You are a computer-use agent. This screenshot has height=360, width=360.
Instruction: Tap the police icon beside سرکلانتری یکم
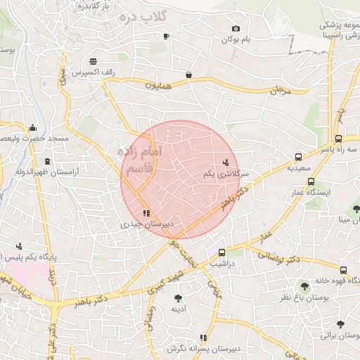pyautogui.click(x=225, y=162)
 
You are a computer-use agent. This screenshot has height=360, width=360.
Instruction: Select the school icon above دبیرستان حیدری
pyautogui.click(x=146, y=212)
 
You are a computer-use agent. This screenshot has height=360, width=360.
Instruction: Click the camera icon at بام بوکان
pyautogui.click(x=236, y=29)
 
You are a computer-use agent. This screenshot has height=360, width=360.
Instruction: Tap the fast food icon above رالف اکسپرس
pyautogui.click(x=93, y=61)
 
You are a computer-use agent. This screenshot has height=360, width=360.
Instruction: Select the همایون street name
pyautogui.click(x=158, y=85)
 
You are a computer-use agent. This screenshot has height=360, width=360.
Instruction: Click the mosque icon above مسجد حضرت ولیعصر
pyautogui.click(x=32, y=128)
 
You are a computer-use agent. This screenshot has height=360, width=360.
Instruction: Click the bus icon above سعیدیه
pyautogui.click(x=299, y=157)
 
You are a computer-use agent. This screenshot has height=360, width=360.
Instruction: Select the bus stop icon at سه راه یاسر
pyautogui.click(x=338, y=139)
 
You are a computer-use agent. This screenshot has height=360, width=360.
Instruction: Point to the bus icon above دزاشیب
pyautogui.click(x=222, y=252)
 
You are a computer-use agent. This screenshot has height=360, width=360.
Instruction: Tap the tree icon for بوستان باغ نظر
pyautogui.click(x=304, y=286)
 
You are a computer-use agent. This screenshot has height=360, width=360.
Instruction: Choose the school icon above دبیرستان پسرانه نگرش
pyautogui.click(x=204, y=338)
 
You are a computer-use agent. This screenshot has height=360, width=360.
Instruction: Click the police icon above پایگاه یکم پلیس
pyautogui.click(x=19, y=247)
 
